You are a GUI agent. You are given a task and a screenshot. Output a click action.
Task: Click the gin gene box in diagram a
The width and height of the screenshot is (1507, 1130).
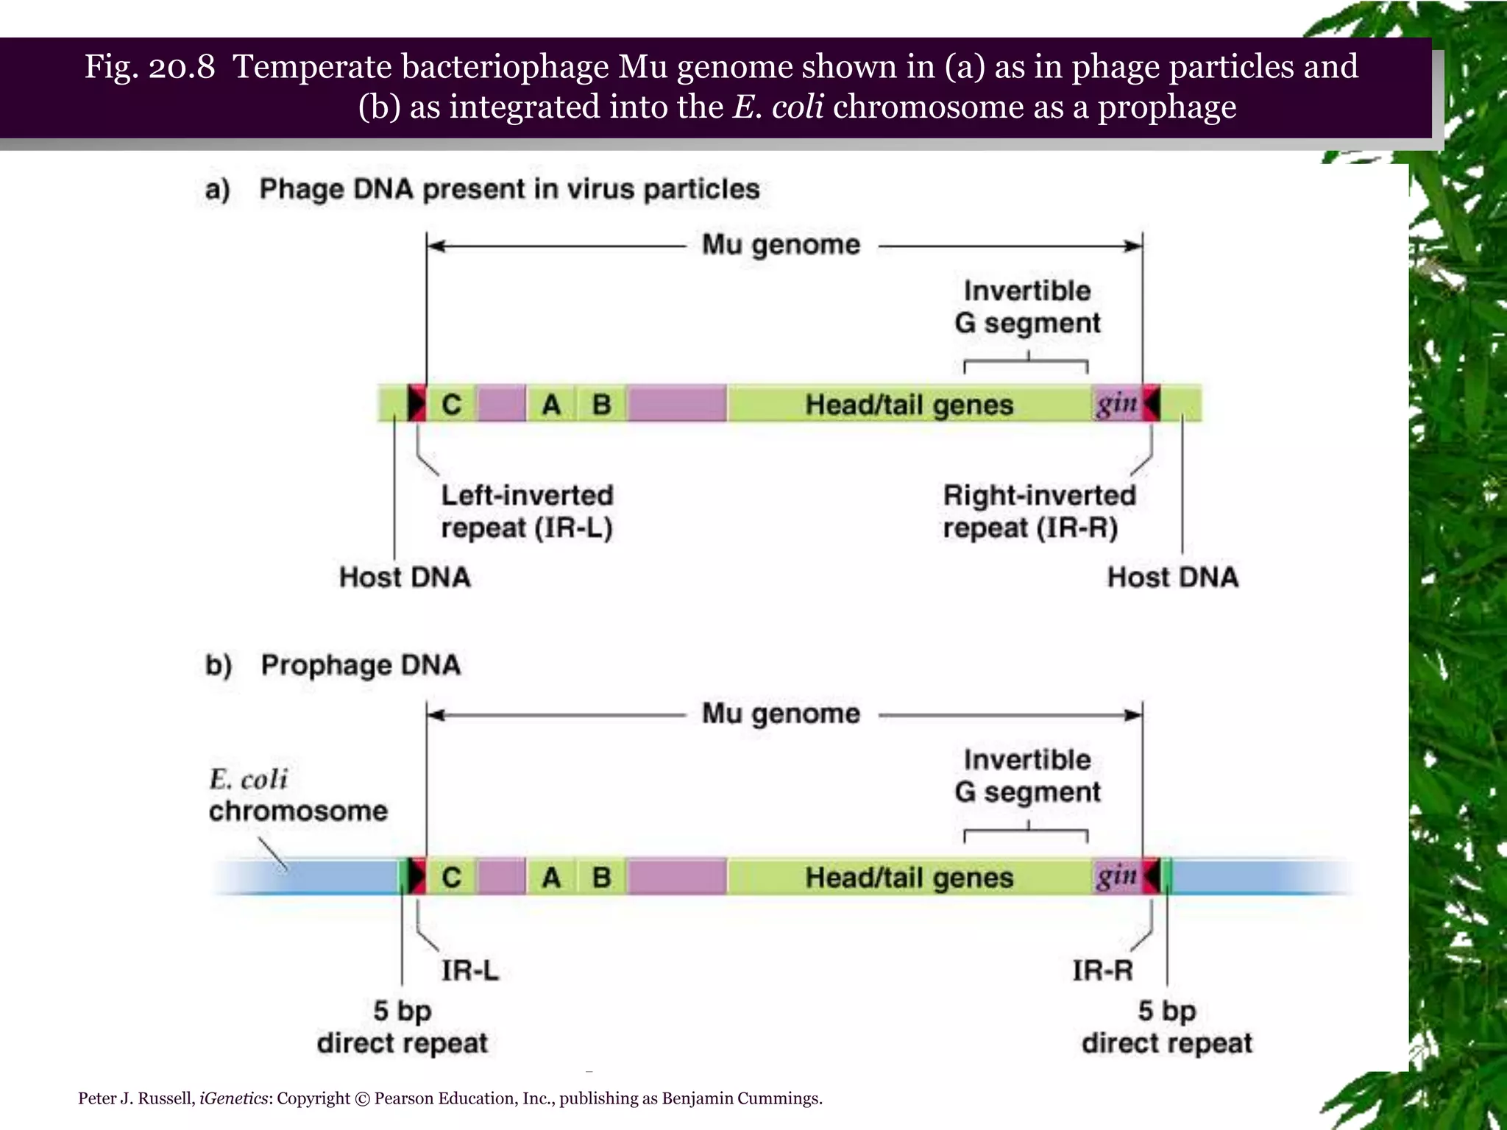pos(1116,403)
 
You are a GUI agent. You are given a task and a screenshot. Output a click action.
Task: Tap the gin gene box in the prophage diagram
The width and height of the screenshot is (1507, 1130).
pos(1116,876)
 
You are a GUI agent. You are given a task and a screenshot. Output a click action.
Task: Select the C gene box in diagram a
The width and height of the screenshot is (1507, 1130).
pos(451,404)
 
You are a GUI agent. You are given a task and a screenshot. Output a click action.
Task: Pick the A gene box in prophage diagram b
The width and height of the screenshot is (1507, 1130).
pos(551,877)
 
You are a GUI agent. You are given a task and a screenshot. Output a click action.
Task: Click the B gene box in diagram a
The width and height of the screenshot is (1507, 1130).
pos(601,404)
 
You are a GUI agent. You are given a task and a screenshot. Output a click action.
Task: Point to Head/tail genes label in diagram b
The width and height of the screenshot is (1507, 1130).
pos(909,877)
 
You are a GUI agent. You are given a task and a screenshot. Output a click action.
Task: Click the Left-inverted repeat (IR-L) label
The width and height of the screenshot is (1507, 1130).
pos(527,511)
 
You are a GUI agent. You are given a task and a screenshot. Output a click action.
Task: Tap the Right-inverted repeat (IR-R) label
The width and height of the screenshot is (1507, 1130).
pos(1039,511)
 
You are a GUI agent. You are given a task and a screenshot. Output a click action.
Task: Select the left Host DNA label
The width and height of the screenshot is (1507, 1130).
pos(405,577)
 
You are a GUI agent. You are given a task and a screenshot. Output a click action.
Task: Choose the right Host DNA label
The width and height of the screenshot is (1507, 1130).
pos(1173,577)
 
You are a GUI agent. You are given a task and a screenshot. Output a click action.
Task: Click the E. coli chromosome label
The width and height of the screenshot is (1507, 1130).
pos(297,795)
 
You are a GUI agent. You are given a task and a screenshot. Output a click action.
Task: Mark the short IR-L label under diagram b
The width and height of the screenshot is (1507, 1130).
pos(470,970)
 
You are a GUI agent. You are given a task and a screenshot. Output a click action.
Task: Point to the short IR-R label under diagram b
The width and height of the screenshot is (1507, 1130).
pos(1102,970)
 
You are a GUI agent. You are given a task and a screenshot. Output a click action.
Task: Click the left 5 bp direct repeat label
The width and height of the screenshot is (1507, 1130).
pos(403,1027)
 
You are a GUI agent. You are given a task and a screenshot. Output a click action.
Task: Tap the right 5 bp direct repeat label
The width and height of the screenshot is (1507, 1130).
pos(1167,1027)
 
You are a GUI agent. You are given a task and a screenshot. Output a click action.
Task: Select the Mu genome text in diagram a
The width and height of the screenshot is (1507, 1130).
pos(781,244)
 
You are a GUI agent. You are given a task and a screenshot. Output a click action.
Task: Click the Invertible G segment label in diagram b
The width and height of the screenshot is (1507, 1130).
pos(1027,775)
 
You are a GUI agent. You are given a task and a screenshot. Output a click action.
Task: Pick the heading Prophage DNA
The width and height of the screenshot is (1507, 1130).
pos(361,665)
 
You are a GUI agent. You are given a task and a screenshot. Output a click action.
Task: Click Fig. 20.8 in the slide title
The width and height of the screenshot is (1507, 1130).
pos(150,67)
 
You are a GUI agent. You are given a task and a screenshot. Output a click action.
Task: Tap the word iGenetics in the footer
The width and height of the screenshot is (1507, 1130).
pos(233,1098)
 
